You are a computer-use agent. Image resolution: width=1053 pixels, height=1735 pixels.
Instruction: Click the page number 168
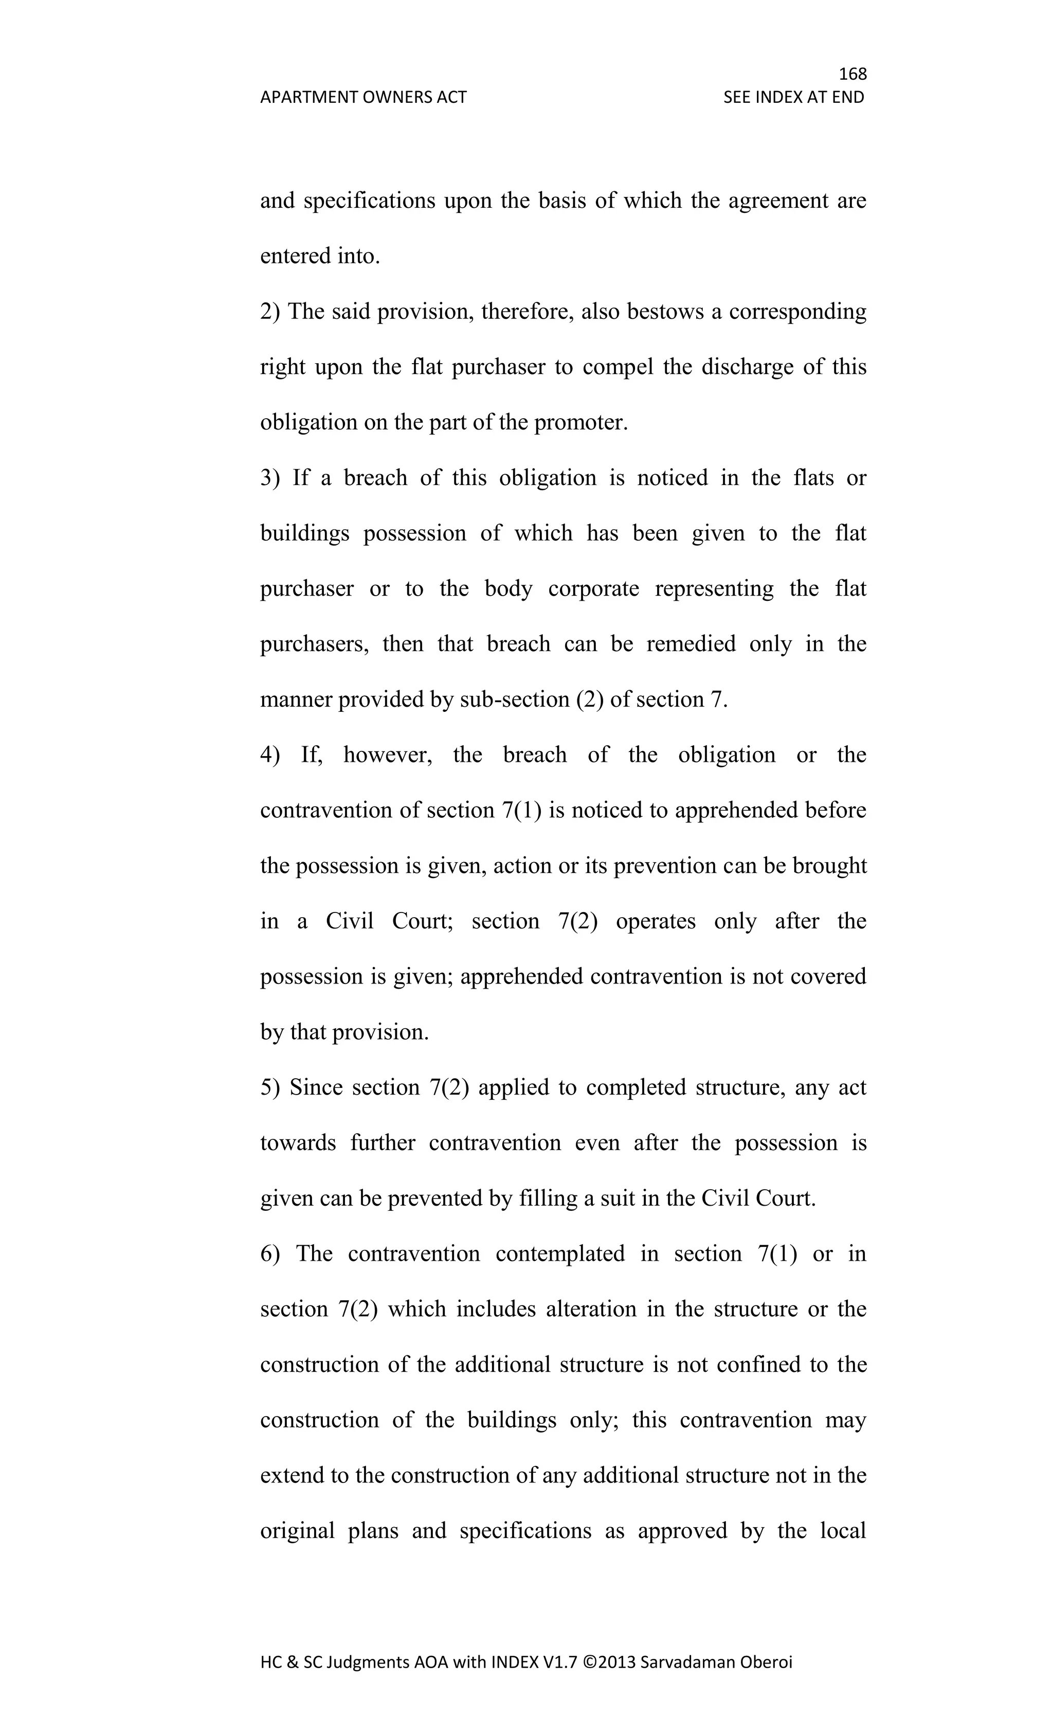coord(852,73)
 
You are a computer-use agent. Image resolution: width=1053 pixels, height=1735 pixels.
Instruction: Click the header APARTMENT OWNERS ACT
coord(363,97)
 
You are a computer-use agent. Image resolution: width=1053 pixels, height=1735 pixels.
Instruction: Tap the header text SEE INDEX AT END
coord(793,97)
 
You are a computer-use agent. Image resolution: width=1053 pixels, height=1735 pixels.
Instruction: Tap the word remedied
coord(691,645)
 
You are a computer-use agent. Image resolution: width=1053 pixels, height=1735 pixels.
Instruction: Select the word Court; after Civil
coord(422,922)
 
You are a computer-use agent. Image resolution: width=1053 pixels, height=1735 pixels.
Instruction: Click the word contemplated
coord(559,1254)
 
